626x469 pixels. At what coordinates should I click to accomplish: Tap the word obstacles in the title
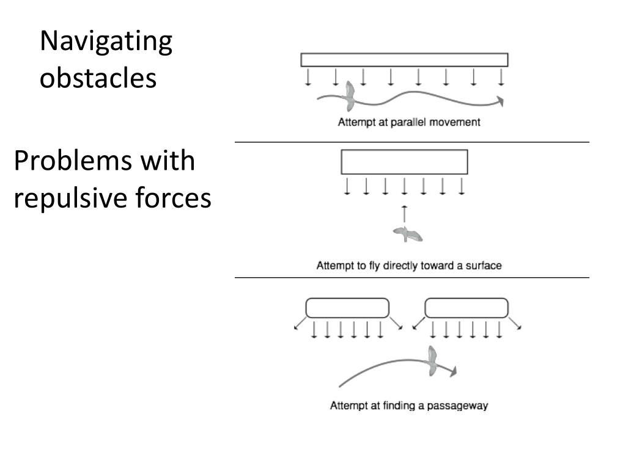pyautogui.click(x=98, y=78)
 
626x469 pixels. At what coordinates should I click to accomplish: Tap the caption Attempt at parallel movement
pyautogui.click(x=409, y=122)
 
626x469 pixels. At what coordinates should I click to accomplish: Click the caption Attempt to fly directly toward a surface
pyautogui.click(x=409, y=266)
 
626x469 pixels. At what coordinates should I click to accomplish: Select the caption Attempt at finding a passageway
pyautogui.click(x=409, y=405)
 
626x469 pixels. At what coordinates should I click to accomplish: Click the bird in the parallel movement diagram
pyautogui.click(x=350, y=92)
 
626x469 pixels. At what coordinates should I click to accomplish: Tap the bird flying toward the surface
pyautogui.click(x=407, y=233)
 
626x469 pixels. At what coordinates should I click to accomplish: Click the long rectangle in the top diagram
pyautogui.click(x=404, y=60)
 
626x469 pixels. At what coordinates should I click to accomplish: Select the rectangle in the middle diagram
pyautogui.click(x=404, y=162)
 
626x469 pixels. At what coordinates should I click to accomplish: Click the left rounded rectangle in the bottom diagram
pyautogui.click(x=347, y=308)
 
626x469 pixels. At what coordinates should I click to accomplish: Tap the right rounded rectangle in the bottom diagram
pyautogui.click(x=466, y=308)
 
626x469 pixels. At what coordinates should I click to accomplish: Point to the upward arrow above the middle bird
pyautogui.click(x=404, y=214)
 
